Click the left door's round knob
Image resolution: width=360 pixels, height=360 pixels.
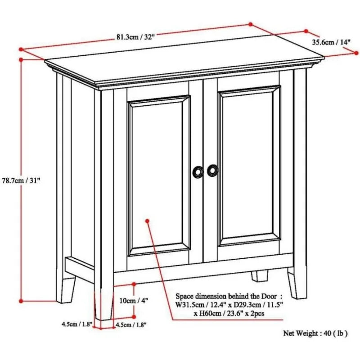198,172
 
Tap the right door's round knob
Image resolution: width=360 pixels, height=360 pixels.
212,171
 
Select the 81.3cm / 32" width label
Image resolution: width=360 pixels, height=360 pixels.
134,37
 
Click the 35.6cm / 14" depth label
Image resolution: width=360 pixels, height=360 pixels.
331,42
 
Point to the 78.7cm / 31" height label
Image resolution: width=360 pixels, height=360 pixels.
21,180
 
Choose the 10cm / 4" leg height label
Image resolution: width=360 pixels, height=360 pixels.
134,301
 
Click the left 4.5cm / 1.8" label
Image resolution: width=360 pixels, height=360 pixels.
76,324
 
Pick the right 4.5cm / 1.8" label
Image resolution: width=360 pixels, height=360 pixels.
131,324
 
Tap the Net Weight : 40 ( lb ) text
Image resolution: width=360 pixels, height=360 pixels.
315,333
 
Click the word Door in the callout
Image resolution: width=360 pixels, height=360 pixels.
268,296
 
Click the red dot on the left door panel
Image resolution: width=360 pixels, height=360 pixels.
148,220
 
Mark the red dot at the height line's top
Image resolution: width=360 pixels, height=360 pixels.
21,60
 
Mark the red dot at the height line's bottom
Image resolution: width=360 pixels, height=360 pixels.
21,301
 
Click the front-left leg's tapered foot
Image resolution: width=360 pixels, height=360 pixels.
104,303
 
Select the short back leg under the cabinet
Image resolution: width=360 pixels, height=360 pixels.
260,276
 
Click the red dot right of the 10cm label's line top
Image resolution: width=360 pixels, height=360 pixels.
134,284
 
